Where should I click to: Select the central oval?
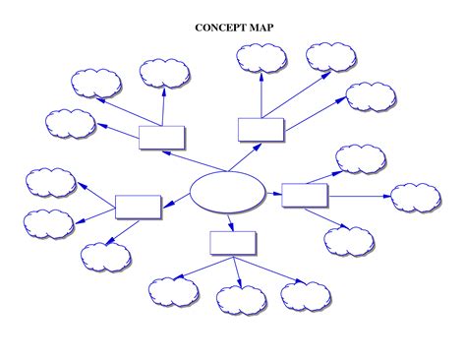227,191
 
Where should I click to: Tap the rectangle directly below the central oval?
233,242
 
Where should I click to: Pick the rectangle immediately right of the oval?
305,194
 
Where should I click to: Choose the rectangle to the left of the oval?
138,206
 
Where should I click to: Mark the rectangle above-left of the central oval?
162,137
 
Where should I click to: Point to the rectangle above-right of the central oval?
262,129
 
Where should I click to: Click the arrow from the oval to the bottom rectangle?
230,221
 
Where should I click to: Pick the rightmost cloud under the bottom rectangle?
306,295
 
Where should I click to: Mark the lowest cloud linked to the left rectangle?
105,257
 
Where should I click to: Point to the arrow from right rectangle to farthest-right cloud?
359,196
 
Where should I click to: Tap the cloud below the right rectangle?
349,240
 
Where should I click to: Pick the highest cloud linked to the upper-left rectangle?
164,72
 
